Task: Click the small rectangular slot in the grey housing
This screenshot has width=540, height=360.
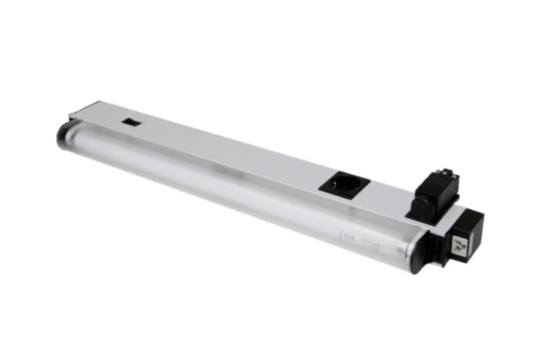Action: pos(132,122)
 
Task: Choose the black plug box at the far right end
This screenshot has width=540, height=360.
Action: pos(467,235)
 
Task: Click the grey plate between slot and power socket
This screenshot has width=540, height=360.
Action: pos(231,150)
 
